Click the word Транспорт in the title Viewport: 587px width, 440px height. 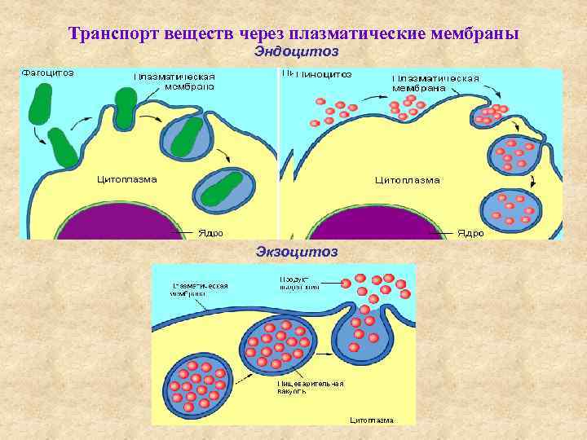[113, 34]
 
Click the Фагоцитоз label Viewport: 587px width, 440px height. [48, 73]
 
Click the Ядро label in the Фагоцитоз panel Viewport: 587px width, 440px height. [211, 232]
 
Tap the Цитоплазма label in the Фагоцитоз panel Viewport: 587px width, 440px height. [126, 178]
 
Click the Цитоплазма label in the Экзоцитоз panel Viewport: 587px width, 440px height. [371, 420]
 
